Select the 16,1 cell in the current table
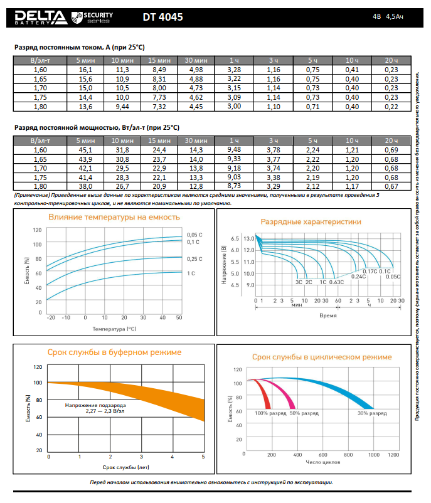pyautogui.click(x=85, y=69)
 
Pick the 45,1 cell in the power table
pyautogui.click(x=85, y=150)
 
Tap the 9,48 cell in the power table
pyautogui.click(x=234, y=150)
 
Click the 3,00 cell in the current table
pyautogui.click(x=234, y=107)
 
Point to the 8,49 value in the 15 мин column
pyautogui.click(x=159, y=69)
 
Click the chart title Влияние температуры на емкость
pyautogui.click(x=114, y=217)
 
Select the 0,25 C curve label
pyautogui.click(x=194, y=258)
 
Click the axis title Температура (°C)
pyautogui.click(x=114, y=328)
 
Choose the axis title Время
pyautogui.click(x=328, y=315)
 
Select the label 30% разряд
pyautogui.click(x=372, y=413)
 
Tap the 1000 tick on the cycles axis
pyautogui.click(x=375, y=454)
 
